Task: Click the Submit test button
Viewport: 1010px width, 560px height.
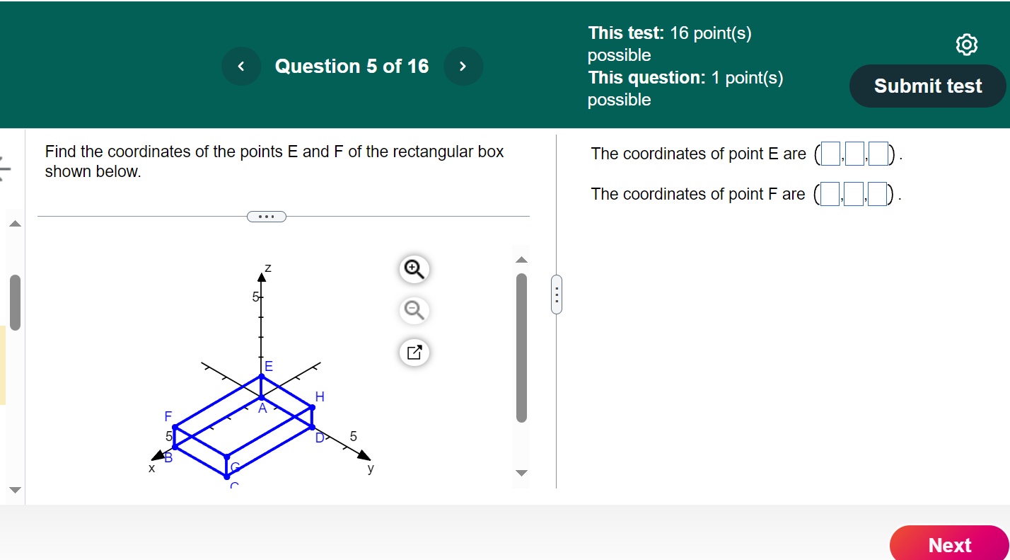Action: click(927, 86)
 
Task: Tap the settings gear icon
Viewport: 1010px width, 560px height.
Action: click(967, 45)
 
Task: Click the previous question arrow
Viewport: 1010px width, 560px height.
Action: click(241, 67)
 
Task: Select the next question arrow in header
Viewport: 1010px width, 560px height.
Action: click(463, 67)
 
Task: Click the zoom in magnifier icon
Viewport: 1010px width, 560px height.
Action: click(414, 268)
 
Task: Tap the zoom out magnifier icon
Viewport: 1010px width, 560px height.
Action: click(414, 310)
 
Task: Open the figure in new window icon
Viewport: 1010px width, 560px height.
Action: click(414, 352)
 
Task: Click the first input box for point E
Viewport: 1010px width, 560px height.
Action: click(830, 154)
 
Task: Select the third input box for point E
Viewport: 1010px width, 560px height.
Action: click(878, 154)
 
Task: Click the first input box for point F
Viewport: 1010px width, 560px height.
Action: click(830, 194)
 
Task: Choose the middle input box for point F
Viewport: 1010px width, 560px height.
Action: click(854, 194)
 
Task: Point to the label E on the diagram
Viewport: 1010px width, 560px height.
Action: click(269, 366)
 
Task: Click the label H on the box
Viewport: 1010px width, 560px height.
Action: click(320, 397)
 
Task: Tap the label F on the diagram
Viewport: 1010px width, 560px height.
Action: click(168, 416)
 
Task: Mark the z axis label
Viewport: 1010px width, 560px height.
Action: click(268, 268)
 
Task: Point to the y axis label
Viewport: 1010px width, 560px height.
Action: click(371, 468)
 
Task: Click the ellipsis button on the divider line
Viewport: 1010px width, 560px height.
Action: click(267, 216)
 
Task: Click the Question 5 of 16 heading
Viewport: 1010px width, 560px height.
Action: click(352, 67)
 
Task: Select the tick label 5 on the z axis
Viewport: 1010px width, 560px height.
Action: click(255, 297)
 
